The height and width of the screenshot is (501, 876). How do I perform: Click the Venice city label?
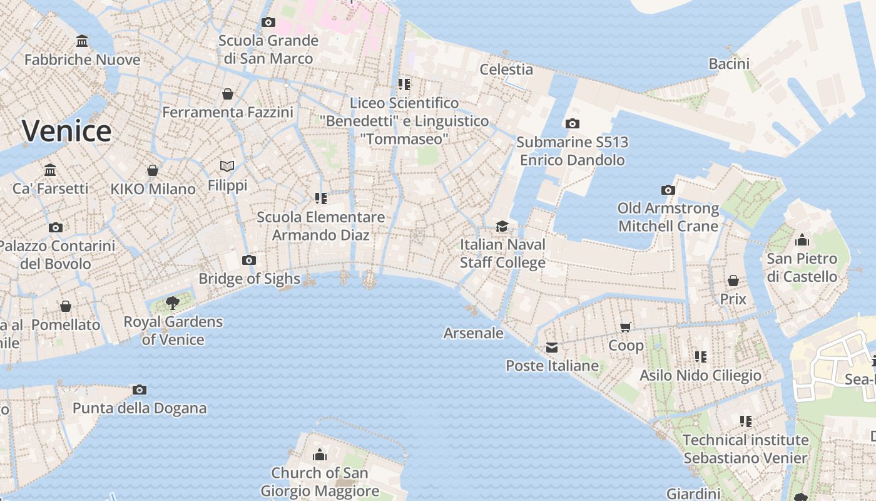[x=67, y=131]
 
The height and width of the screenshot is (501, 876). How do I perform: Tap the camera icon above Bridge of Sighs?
[x=249, y=260]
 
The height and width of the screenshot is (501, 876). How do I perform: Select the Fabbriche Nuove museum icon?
[x=82, y=41]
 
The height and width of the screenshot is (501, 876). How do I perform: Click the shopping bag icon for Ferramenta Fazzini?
[x=228, y=94]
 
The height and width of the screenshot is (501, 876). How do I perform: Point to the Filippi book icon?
[x=227, y=166]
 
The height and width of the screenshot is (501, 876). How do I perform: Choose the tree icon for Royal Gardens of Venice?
[x=173, y=304]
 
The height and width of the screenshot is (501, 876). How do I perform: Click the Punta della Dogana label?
[x=140, y=408]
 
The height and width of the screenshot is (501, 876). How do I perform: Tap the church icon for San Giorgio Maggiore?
[x=320, y=454]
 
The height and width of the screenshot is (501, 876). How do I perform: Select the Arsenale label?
[x=473, y=333]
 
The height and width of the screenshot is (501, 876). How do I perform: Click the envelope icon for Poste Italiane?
[x=552, y=347]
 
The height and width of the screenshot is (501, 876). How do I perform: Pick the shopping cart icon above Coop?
[x=626, y=326]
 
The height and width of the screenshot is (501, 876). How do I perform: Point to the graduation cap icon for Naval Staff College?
[x=502, y=225]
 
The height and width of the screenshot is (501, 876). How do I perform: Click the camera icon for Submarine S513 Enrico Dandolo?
[x=572, y=123]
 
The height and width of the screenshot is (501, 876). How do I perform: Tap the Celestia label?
[x=506, y=69]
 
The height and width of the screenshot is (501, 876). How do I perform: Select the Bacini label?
[x=729, y=63]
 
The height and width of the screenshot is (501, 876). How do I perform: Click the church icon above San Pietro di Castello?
[x=802, y=240]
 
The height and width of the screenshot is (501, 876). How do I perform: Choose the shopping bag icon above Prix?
[x=733, y=281]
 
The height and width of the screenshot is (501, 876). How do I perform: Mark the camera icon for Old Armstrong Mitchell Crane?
[x=668, y=190]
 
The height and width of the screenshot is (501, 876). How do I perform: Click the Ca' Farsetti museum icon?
[x=50, y=170]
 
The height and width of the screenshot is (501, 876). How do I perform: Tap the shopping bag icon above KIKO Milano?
[x=153, y=170]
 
